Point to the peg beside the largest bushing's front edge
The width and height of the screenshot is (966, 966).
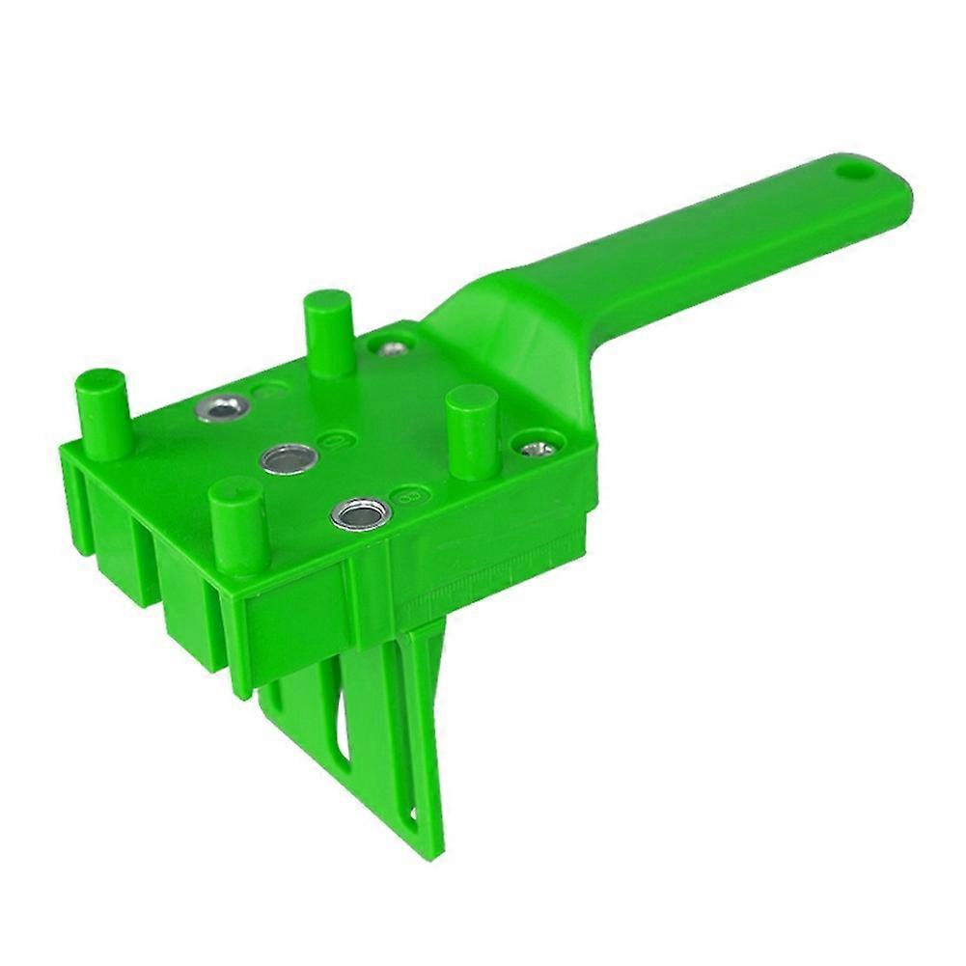pos(236,526)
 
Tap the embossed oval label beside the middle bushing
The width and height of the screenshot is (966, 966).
pos(333,440)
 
